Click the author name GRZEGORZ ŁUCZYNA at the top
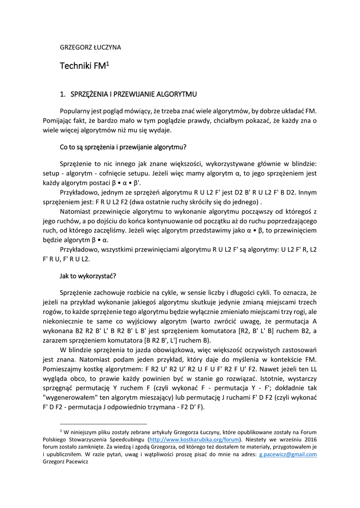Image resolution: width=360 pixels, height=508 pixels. click(90, 48)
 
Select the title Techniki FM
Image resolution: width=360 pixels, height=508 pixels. click(82, 66)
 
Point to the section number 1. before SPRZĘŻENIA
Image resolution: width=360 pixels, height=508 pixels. click(63, 94)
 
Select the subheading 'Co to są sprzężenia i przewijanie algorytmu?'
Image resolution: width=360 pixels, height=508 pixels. click(123, 147)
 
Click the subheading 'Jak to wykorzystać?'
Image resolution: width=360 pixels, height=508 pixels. click(88, 276)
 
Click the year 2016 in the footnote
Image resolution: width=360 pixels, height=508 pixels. click(309, 439)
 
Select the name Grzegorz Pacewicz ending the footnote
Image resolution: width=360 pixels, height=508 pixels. click(65, 461)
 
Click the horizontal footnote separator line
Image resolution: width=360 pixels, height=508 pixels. click(103, 424)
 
